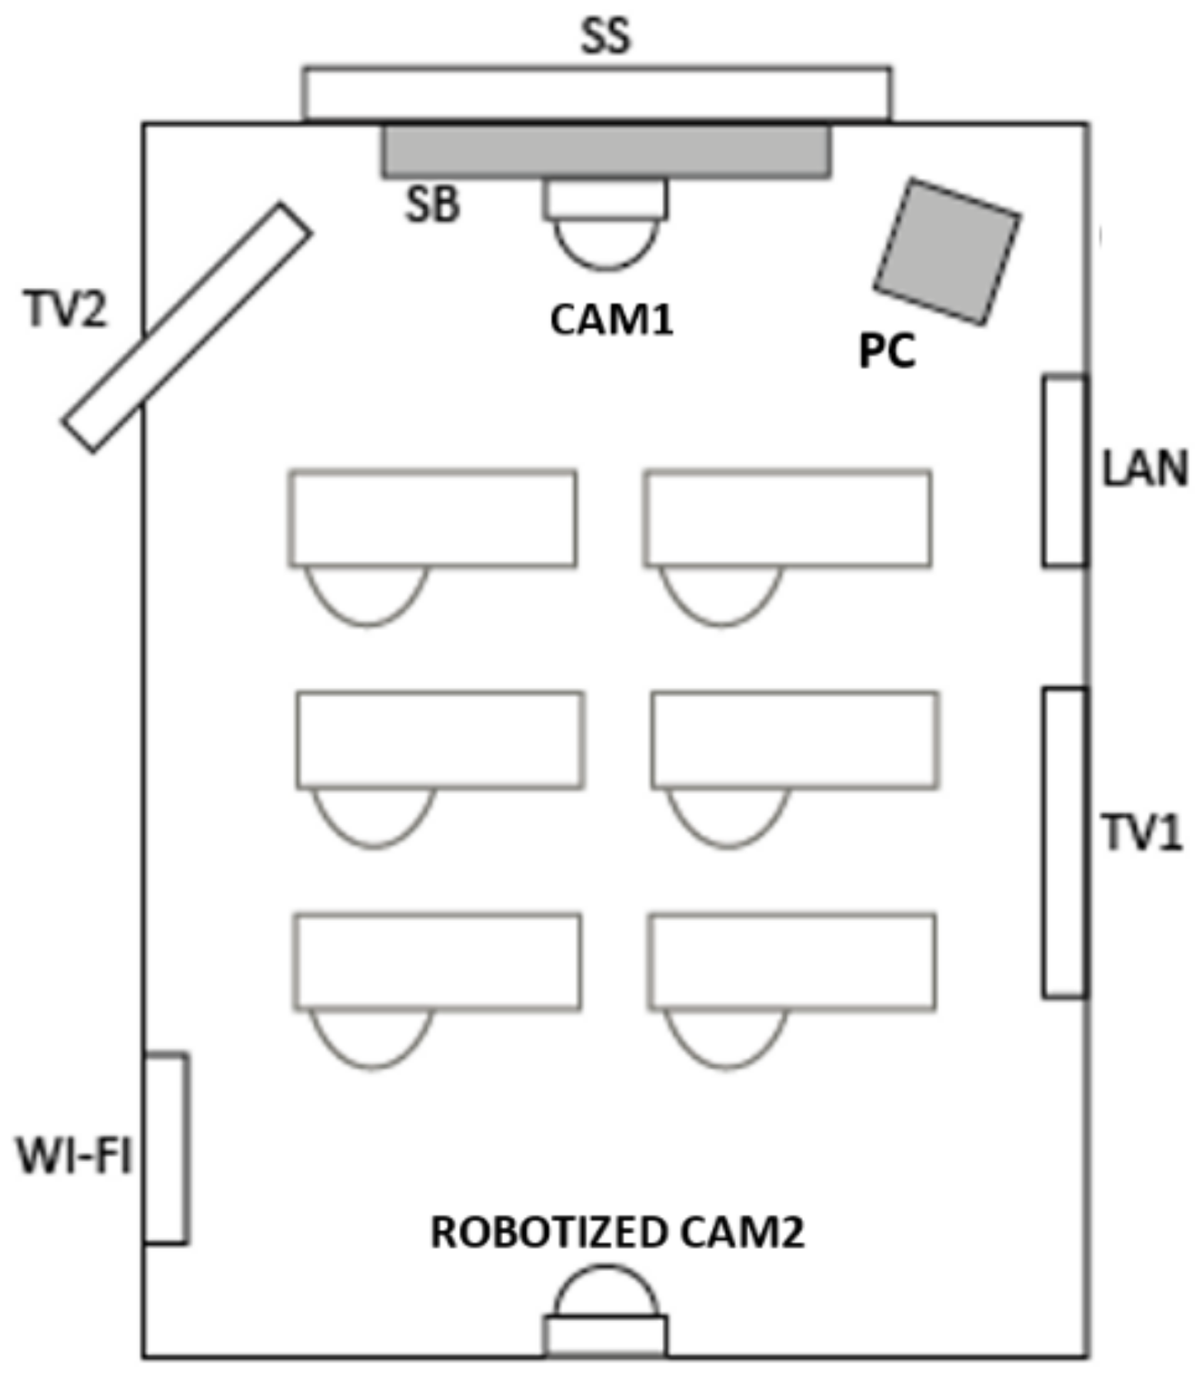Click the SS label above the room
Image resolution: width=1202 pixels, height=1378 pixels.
coord(606,35)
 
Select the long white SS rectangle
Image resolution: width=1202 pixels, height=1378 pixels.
coord(597,93)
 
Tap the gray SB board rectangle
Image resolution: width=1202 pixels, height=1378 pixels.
coord(606,152)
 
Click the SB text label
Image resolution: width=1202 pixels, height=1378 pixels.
coord(432,205)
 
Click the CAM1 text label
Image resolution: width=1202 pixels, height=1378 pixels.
coord(611,319)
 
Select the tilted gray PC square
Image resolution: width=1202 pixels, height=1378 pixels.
coord(947,251)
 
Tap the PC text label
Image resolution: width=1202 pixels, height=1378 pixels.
coord(887,351)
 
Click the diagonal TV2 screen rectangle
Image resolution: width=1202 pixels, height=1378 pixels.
coord(187,327)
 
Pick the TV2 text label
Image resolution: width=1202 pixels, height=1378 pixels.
coord(66,310)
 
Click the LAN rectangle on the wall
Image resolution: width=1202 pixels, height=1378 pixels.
coord(1065,471)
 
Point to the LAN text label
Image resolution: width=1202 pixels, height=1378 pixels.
coord(1144,469)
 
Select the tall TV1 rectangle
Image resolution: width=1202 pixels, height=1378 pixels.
coord(1065,842)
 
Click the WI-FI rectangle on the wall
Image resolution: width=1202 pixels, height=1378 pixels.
coord(166,1148)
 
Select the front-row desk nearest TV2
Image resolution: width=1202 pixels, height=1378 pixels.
coord(433,518)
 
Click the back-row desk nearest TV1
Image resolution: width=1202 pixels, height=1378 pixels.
coord(792,961)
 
